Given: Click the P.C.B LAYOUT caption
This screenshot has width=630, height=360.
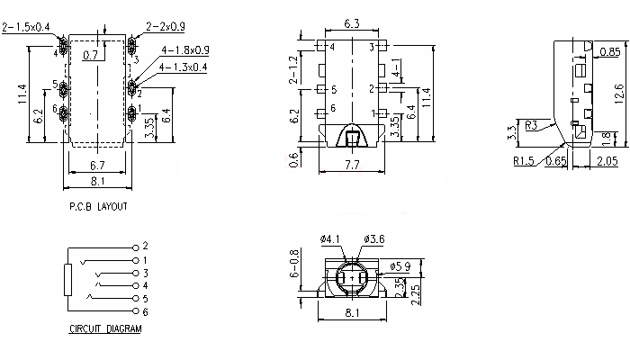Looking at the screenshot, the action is (x=98, y=206).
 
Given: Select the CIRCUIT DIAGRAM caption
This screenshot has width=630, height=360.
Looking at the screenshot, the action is (x=105, y=328).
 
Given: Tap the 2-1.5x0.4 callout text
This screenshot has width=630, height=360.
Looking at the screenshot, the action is (x=26, y=27).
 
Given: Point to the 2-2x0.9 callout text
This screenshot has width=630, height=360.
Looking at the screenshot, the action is (x=166, y=27).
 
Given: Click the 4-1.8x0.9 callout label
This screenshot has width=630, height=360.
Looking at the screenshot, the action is (x=185, y=50).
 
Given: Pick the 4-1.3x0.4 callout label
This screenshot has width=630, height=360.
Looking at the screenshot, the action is (x=184, y=67).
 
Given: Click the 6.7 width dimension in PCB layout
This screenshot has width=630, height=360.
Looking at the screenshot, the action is (x=97, y=165).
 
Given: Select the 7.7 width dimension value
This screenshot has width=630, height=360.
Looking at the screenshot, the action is (x=352, y=165).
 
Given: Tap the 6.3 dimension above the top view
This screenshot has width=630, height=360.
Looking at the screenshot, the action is (x=352, y=23).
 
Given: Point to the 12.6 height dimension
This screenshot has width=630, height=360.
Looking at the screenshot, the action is (x=619, y=94).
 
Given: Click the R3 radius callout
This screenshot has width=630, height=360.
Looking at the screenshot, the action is (x=531, y=125).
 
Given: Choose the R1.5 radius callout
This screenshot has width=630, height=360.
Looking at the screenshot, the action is (x=524, y=161).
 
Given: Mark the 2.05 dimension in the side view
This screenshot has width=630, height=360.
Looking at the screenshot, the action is (x=607, y=161).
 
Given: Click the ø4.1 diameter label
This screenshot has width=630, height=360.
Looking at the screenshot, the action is (x=330, y=239).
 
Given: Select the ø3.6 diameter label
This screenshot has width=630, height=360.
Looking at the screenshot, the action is (x=374, y=239).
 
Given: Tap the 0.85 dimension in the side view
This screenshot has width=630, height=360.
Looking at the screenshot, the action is (x=610, y=52).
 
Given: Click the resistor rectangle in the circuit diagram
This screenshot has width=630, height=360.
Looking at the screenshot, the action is (x=67, y=280).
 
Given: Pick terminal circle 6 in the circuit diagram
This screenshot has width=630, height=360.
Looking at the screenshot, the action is (x=136, y=311).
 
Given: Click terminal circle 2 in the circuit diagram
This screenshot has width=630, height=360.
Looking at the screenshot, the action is (x=136, y=247).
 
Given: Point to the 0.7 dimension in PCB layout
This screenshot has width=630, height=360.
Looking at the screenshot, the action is (x=90, y=55).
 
